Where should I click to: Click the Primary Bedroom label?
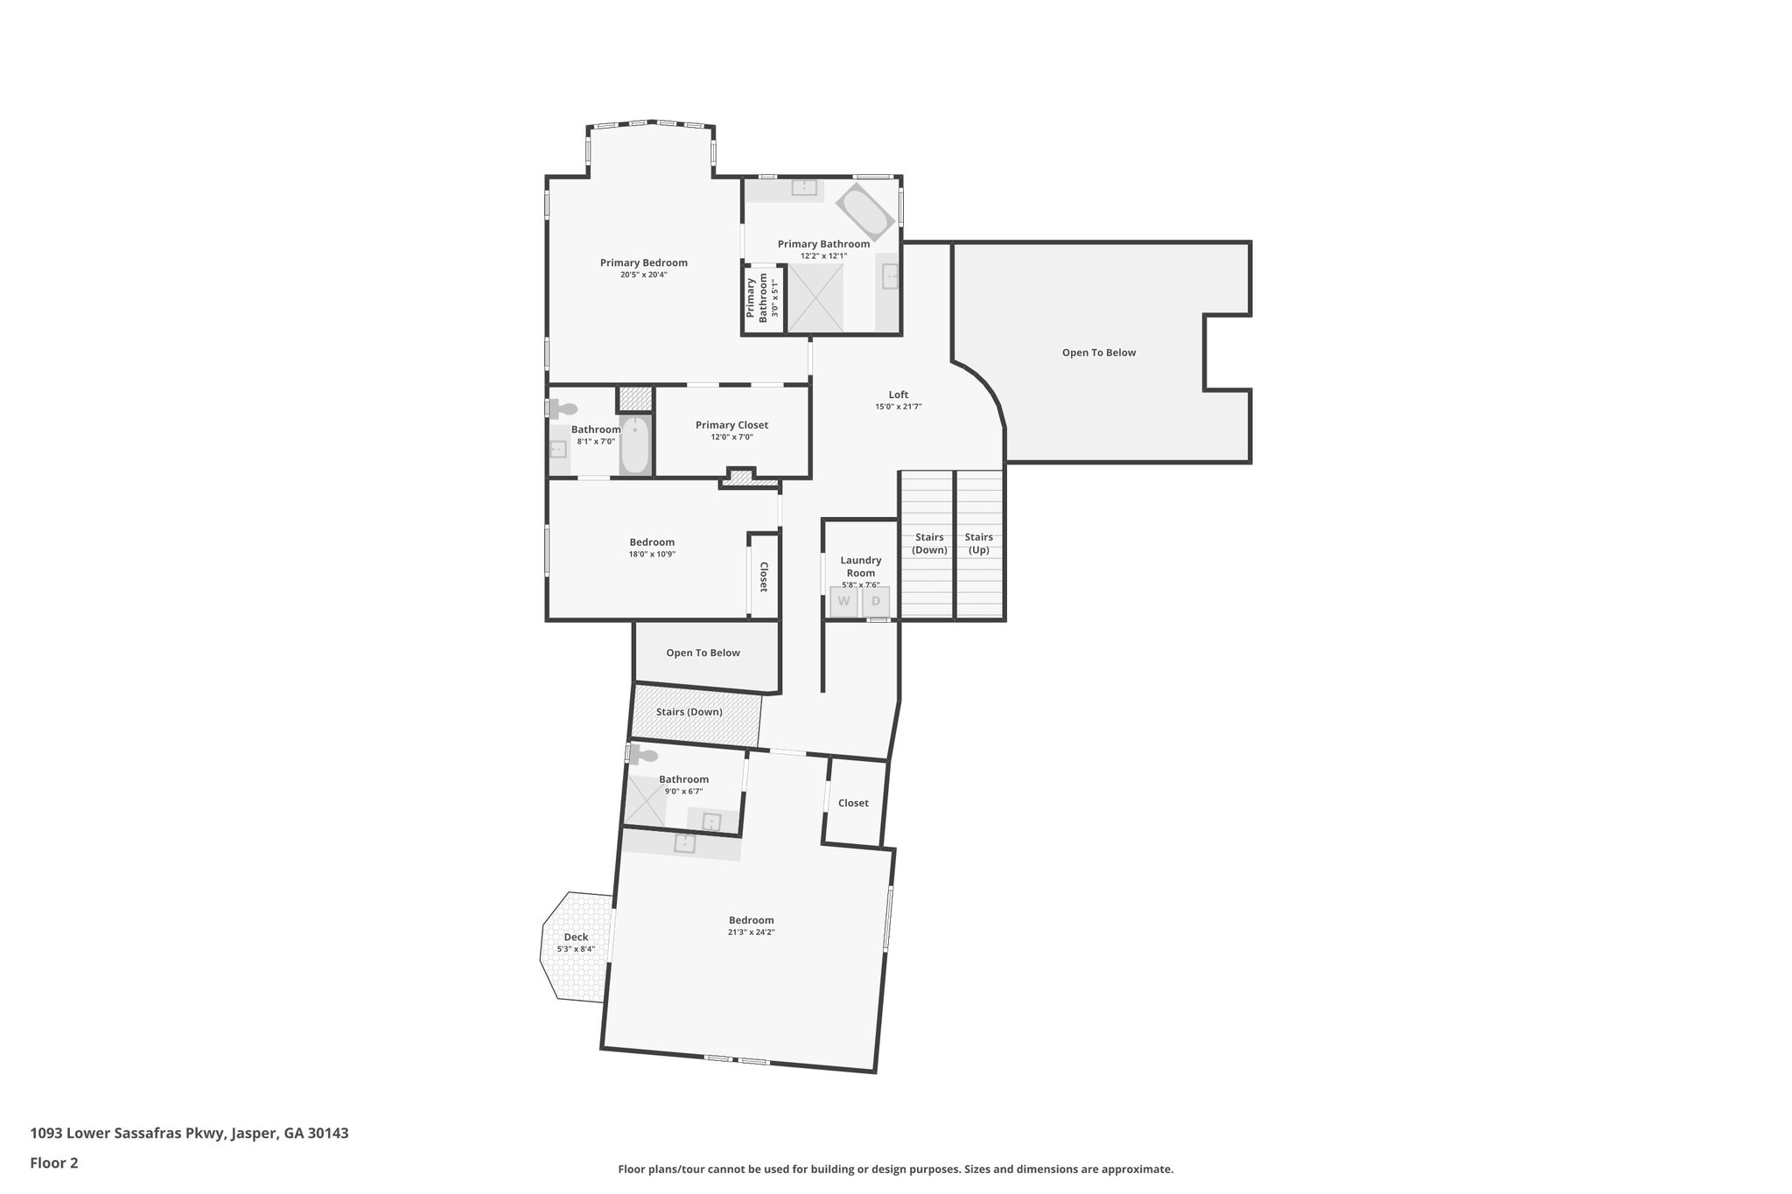[x=643, y=262]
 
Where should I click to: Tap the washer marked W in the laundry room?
[x=843, y=602]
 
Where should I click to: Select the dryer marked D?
[x=876, y=602]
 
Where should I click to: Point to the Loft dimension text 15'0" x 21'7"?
[x=898, y=407]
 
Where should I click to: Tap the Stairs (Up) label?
[x=978, y=543]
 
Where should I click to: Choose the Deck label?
[x=576, y=937]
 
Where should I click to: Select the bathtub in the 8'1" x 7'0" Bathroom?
[x=636, y=445]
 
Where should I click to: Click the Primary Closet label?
[x=731, y=425]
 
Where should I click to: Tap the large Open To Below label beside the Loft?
[x=1098, y=353]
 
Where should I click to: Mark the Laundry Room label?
[x=860, y=567]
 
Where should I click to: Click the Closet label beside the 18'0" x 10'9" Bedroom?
[x=764, y=576]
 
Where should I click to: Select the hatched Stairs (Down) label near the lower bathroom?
[x=689, y=712]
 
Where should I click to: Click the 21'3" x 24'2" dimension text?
[x=751, y=932]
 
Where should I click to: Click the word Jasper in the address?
[x=255, y=1134]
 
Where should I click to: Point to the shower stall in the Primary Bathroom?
[x=815, y=297]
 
